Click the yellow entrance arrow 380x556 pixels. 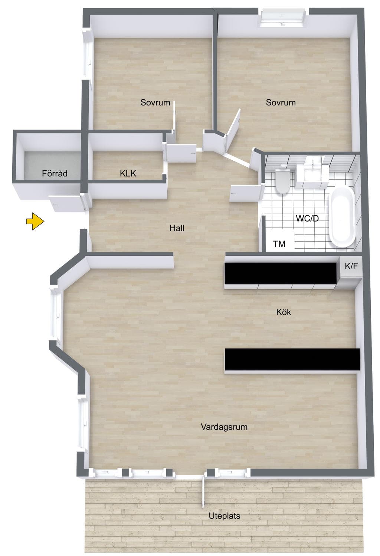(x=35, y=221)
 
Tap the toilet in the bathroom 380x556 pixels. (x=282, y=179)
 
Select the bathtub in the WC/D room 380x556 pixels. (x=342, y=217)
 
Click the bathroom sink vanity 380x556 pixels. (x=312, y=173)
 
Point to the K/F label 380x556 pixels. (x=351, y=266)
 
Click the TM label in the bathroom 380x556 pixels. (x=279, y=244)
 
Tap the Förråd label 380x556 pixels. (x=55, y=173)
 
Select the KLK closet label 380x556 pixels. (x=128, y=173)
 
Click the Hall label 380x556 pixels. (x=177, y=228)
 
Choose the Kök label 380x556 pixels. (x=284, y=312)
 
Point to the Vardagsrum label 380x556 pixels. (x=224, y=427)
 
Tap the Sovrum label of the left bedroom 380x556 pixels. (x=155, y=102)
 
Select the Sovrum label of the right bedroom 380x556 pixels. (x=281, y=102)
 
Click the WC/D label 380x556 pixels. (x=307, y=218)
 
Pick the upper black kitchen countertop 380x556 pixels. (x=281, y=273)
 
